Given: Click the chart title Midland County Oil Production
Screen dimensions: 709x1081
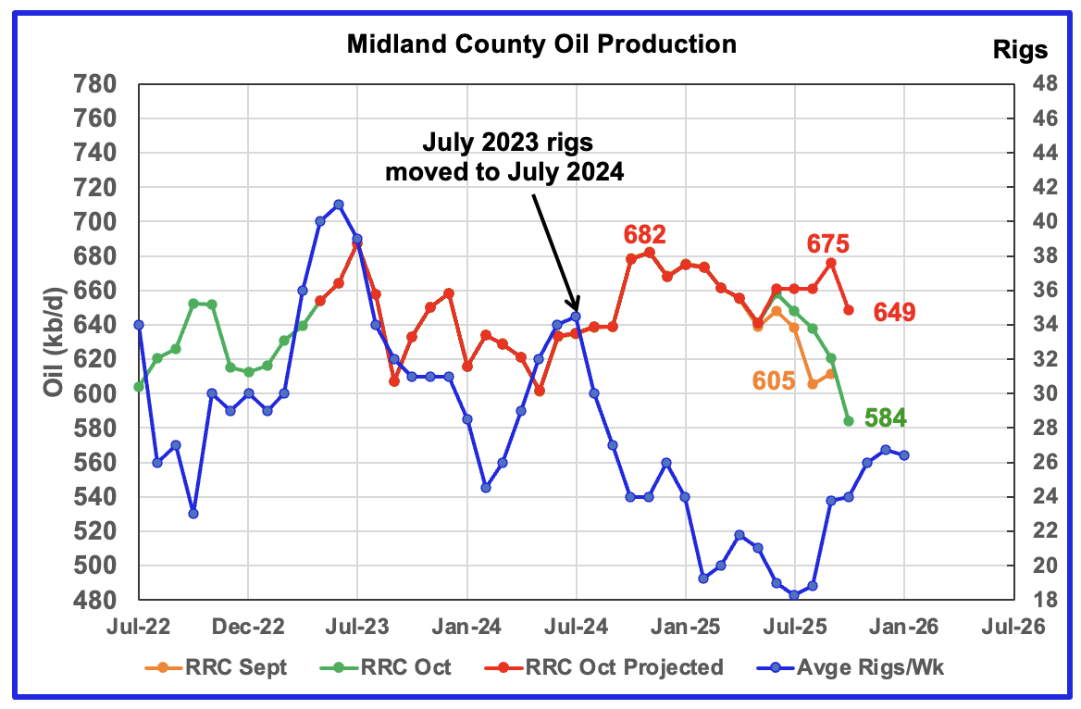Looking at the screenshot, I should pyautogui.click(x=541, y=44).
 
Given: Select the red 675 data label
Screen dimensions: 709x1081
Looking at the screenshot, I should pyautogui.click(x=830, y=244).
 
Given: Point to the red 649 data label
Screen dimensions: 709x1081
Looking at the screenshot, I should pyautogui.click(x=895, y=313).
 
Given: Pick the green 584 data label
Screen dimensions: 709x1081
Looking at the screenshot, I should pyautogui.click(x=885, y=418).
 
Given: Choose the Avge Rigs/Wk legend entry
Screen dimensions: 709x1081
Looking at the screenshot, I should pyautogui.click(x=864, y=666).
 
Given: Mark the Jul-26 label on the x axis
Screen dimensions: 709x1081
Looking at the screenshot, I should pyautogui.click(x=1012, y=627).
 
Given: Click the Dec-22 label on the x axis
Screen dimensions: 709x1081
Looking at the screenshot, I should pyautogui.click(x=248, y=627).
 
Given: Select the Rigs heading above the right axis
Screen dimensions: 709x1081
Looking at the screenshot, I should pyautogui.click(x=1020, y=48).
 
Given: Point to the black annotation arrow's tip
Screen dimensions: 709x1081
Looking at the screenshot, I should pyautogui.click(x=578, y=311).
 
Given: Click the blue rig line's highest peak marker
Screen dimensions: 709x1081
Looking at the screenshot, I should pyautogui.click(x=339, y=205).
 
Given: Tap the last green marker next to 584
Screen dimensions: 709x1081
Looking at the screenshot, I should pyautogui.click(x=848, y=421).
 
